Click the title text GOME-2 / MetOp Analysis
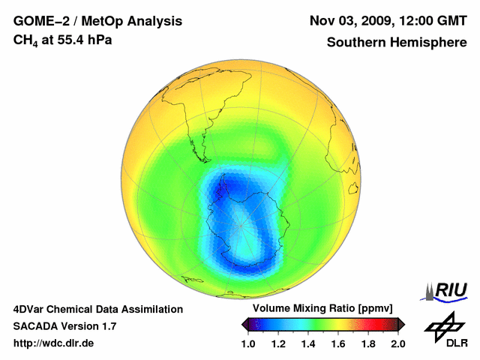pyautogui.click(x=97, y=21)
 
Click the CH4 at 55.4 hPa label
pyautogui.click(x=63, y=40)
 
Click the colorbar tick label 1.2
pyautogui.click(x=278, y=343)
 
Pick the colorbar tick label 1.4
pyautogui.click(x=308, y=343)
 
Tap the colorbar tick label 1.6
pyautogui.click(x=338, y=343)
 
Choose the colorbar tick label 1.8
pyautogui.click(x=368, y=343)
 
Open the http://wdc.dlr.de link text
pyautogui.click(x=54, y=343)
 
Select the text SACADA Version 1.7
pyautogui.click(x=64, y=326)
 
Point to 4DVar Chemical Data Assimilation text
pyautogui.click(x=97, y=309)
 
